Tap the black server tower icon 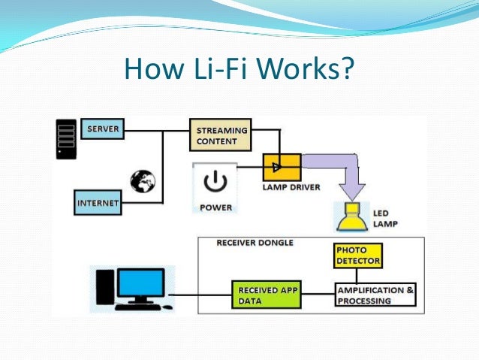[x=67, y=138]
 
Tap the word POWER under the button [x=215, y=207]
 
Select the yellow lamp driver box [x=282, y=165]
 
